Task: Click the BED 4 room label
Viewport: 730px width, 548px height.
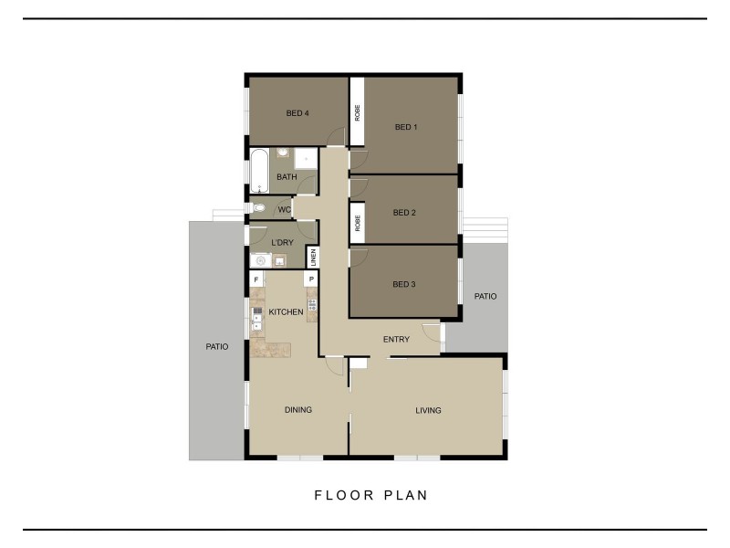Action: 297,113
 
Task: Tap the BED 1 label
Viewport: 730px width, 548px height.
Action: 405,127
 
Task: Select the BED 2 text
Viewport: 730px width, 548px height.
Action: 404,213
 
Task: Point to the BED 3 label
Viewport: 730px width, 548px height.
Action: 404,284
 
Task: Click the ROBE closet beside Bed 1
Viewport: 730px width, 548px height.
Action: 358,112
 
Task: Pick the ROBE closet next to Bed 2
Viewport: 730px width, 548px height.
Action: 358,222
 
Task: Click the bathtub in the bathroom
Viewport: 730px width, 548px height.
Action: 259,171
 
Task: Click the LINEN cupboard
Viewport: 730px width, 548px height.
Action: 312,257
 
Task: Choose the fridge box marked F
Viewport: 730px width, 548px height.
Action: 256,279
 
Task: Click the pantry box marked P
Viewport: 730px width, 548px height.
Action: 311,279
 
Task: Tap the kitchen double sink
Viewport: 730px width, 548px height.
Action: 256,319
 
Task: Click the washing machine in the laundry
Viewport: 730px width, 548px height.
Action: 261,260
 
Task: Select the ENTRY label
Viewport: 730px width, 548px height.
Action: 396,340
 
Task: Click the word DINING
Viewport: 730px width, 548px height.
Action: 298,410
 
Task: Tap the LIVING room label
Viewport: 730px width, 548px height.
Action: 428,410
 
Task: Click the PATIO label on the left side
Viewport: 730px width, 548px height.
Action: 216,346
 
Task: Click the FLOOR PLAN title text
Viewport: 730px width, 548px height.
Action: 371,495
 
